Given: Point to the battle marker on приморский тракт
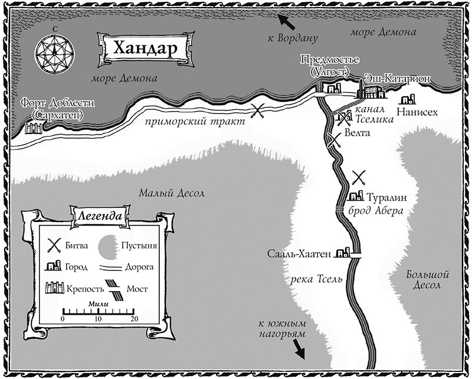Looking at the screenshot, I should pyautogui.click(x=258, y=110).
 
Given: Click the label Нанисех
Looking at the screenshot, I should pyautogui.click(x=417, y=112).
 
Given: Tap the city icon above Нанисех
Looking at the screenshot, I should pyautogui.click(x=407, y=100).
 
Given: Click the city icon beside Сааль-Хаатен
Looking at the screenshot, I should pyautogui.click(x=342, y=253).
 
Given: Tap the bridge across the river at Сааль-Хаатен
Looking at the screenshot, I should pyautogui.click(x=355, y=256).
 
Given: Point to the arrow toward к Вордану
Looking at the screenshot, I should pyautogui.click(x=287, y=22).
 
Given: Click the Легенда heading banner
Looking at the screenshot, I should pyautogui.click(x=99, y=215).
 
